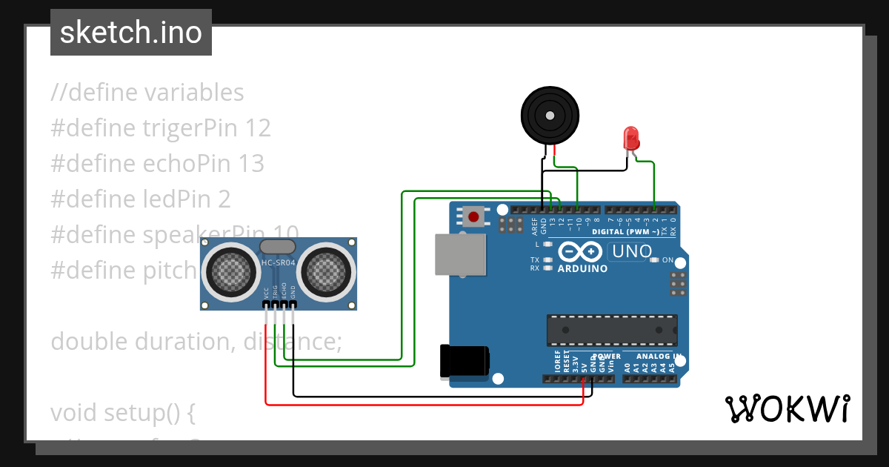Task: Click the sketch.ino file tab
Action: (x=130, y=33)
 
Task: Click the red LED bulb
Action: (x=631, y=138)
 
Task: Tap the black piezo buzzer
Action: (x=549, y=115)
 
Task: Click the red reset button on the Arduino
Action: (x=473, y=217)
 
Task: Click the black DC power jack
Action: (x=464, y=362)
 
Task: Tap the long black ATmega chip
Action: (x=612, y=330)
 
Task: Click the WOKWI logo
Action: (x=787, y=408)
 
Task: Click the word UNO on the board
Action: (x=631, y=251)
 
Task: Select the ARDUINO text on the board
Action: (x=582, y=268)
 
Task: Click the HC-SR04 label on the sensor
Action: (x=279, y=262)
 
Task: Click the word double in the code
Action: (x=89, y=342)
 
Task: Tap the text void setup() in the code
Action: (x=122, y=413)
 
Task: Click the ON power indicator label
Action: (x=667, y=260)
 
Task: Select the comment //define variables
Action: (x=147, y=93)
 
